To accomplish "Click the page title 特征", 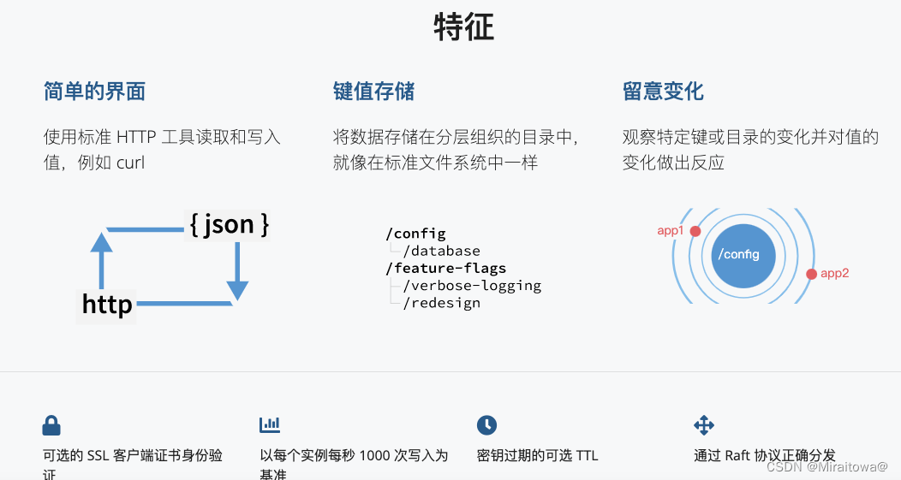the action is [463, 27].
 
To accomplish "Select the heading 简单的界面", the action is [94, 92].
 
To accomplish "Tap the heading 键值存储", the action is [373, 92].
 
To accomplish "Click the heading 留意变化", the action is [663, 92].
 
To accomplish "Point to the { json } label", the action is [229, 224].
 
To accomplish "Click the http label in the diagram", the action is [107, 304].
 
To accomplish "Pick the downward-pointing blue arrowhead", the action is [237, 289].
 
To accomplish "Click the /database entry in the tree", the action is [441, 251].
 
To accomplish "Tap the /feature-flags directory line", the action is [445, 268].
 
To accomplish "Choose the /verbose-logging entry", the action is [471, 285].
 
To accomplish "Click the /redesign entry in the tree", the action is [441, 302].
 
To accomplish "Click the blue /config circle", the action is [743, 255].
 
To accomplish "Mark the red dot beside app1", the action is [695, 231].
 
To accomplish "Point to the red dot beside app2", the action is [811, 274].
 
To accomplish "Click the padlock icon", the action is [51, 425].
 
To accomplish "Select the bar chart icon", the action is [270, 424].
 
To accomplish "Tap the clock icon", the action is [486, 424].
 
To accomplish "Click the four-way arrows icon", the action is [704, 424].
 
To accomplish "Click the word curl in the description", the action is [130, 163].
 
